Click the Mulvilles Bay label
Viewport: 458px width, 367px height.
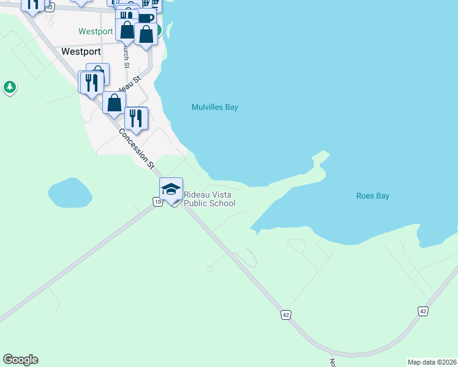214,107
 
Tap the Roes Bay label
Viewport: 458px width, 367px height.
373,196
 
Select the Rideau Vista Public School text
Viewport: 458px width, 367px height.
209,199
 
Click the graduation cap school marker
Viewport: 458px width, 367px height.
171,188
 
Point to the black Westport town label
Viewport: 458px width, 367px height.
81,51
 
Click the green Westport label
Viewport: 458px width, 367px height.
96,31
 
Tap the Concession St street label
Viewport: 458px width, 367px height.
136,149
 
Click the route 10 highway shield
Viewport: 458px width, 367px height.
157,202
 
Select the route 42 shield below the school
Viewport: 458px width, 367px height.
286,314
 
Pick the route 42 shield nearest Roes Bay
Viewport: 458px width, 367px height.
423,311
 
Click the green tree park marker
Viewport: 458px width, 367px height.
9,87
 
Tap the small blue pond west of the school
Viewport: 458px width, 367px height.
70,193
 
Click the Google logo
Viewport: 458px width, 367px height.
20,360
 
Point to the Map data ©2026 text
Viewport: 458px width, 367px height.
432,362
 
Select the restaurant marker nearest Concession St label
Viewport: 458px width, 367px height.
136,117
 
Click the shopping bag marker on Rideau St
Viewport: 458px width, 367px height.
114,102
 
